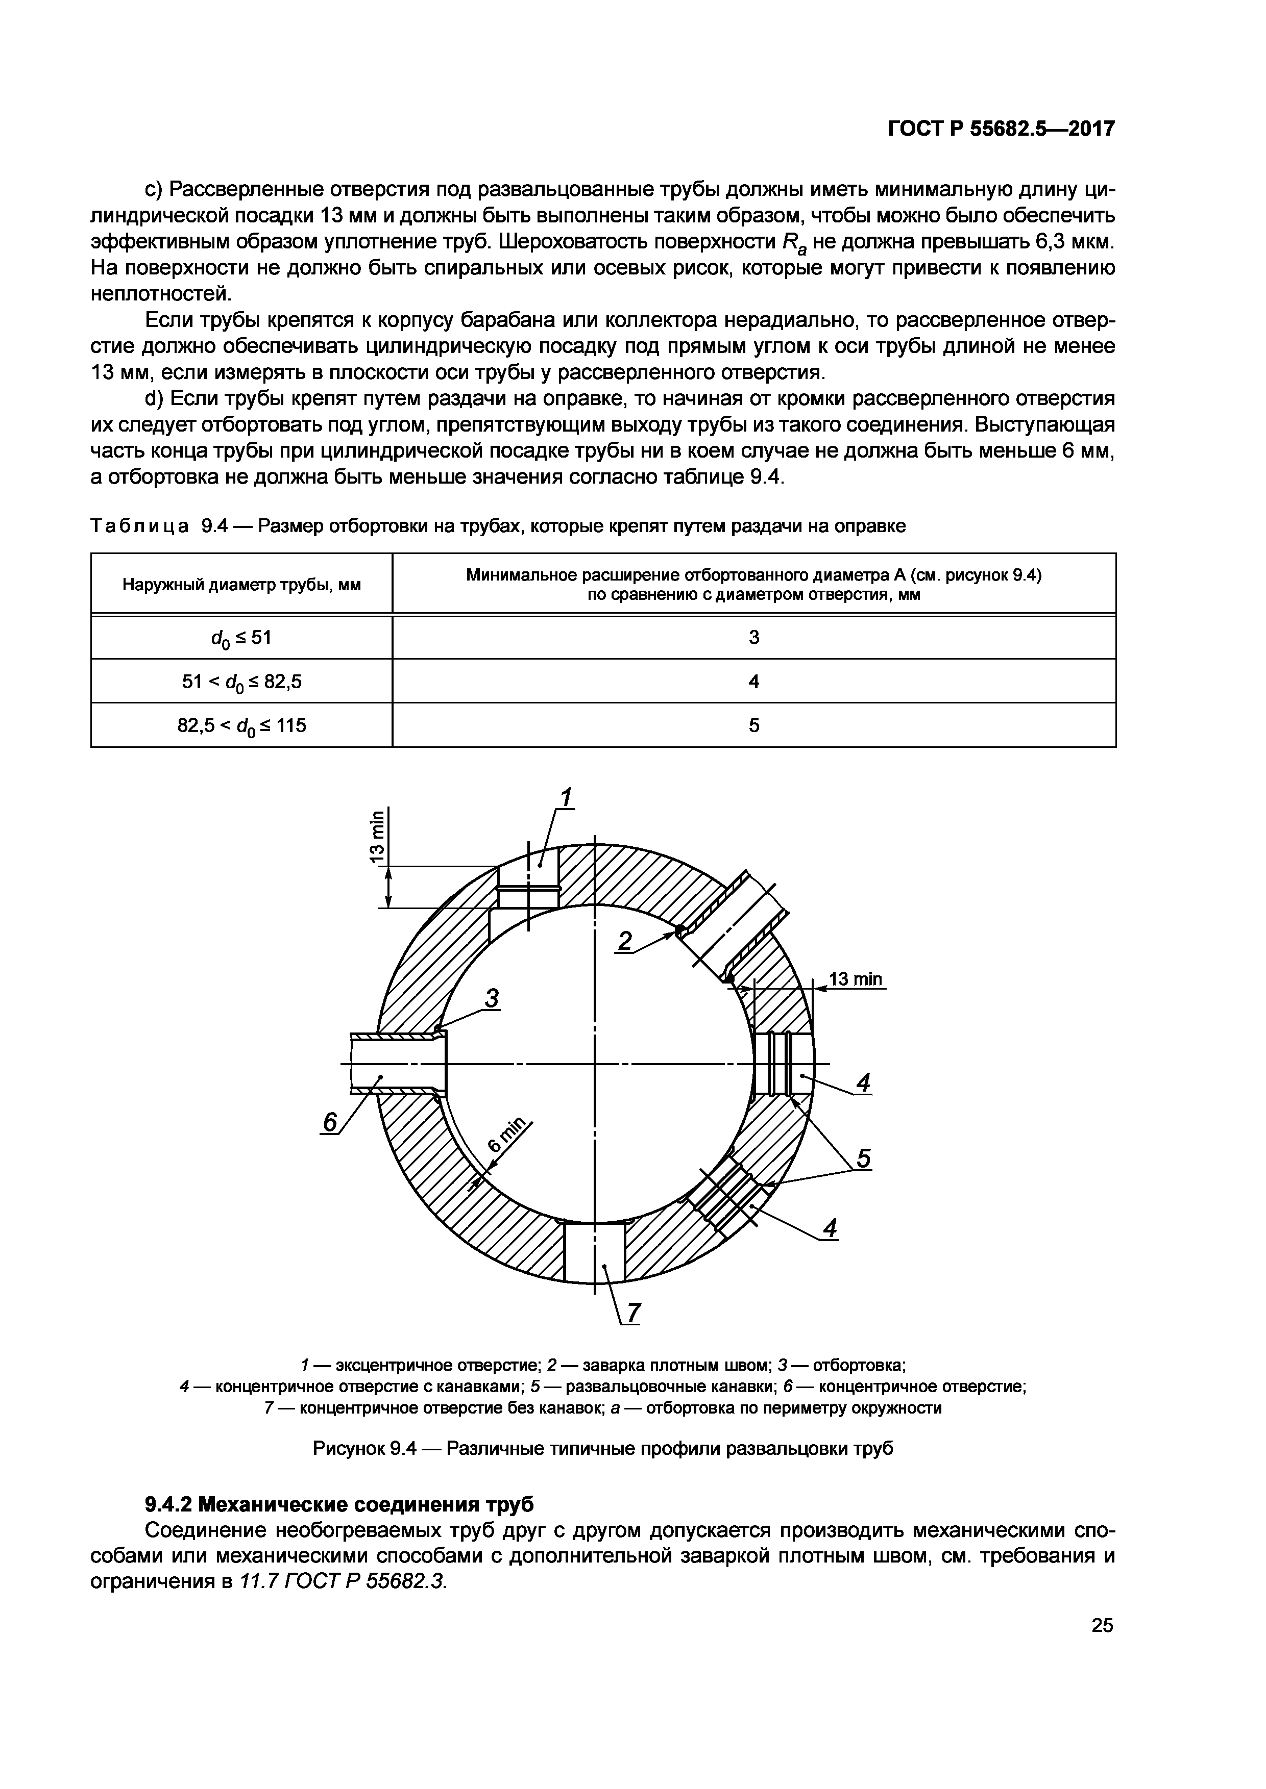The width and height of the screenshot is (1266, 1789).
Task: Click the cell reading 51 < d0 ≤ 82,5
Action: point(241,682)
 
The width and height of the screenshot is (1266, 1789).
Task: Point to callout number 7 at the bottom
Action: point(632,1313)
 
